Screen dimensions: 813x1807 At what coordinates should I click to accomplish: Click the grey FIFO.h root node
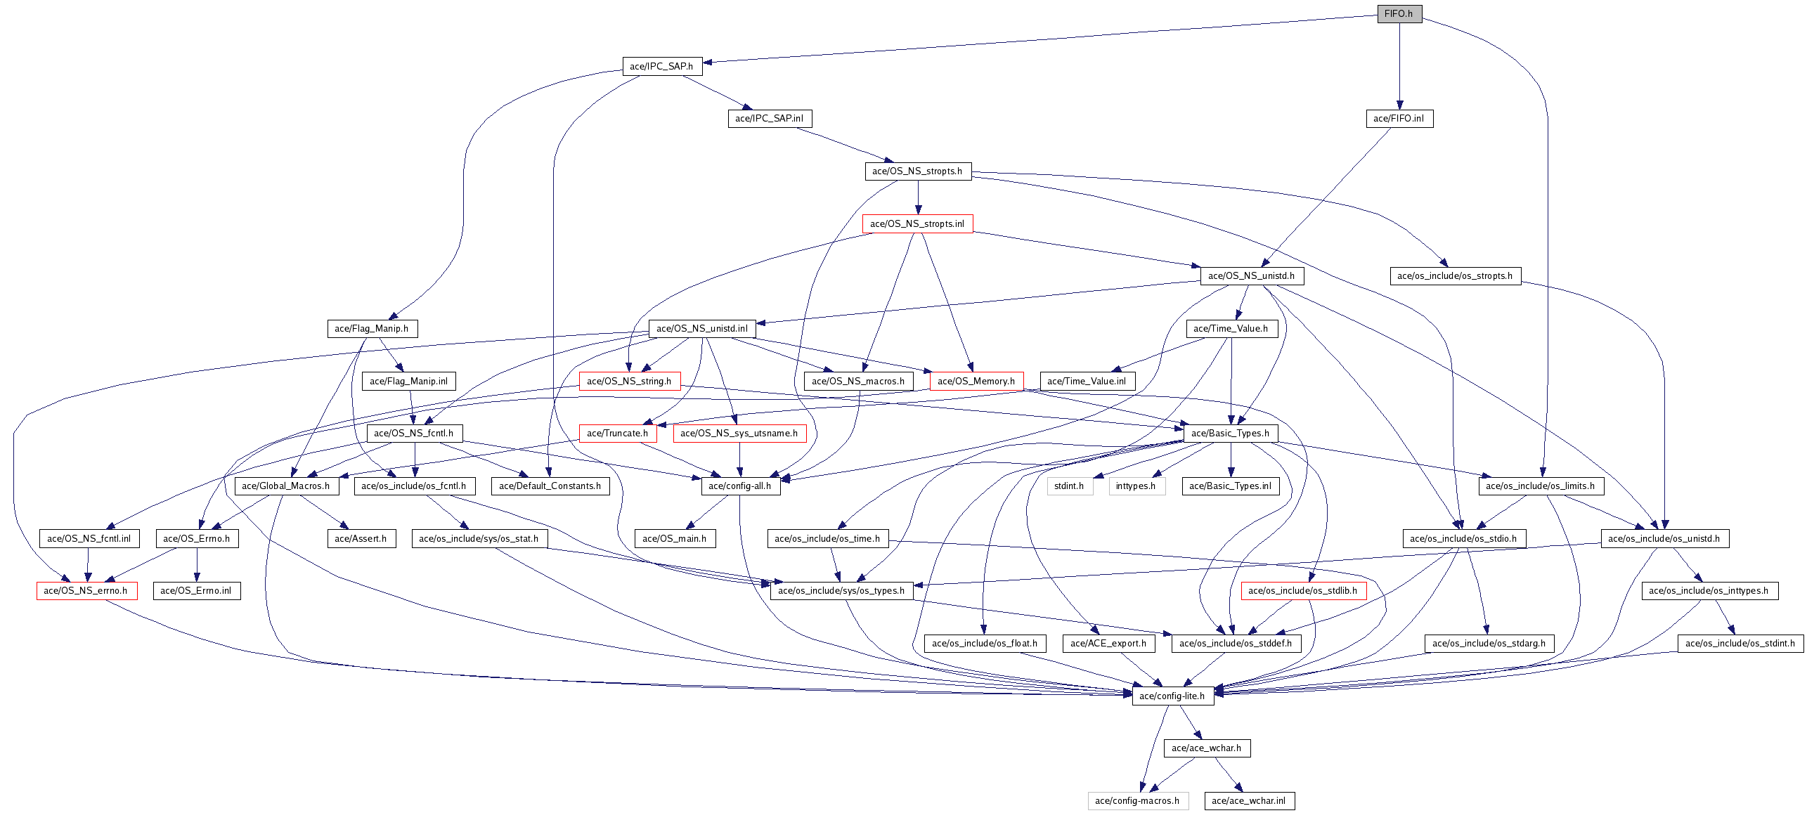pyautogui.click(x=1399, y=14)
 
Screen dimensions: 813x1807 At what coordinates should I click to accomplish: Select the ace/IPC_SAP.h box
pyautogui.click(x=661, y=66)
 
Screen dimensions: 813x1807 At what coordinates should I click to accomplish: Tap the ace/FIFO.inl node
pyautogui.click(x=1399, y=118)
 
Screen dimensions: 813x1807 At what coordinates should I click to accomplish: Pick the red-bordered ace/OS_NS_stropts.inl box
pyautogui.click(x=917, y=223)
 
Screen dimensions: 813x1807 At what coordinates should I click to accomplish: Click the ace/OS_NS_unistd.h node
pyautogui.click(x=1251, y=275)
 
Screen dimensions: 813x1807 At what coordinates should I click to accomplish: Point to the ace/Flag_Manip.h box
pyautogui.click(x=372, y=328)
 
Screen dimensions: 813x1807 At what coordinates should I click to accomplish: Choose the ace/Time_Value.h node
pyautogui.click(x=1231, y=328)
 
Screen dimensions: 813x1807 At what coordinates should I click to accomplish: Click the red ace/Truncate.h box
pyautogui.click(x=617, y=433)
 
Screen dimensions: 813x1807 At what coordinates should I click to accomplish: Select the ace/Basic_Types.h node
pyautogui.click(x=1230, y=433)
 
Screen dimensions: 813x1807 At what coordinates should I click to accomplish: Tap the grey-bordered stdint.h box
pyautogui.click(x=1069, y=486)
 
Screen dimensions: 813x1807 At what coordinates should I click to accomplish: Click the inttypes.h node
pyautogui.click(x=1136, y=486)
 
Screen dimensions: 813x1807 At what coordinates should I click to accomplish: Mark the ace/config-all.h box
pyautogui.click(x=740, y=486)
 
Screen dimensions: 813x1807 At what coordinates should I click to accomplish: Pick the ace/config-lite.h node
pyautogui.click(x=1172, y=696)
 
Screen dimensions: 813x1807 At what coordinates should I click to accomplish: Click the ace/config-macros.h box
pyautogui.click(x=1137, y=800)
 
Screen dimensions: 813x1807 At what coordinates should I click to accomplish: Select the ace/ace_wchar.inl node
pyautogui.click(x=1249, y=800)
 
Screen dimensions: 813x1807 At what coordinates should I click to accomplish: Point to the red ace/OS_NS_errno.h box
pyautogui.click(x=86, y=590)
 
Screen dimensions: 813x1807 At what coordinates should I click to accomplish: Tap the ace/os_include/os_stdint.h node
pyautogui.click(x=1740, y=643)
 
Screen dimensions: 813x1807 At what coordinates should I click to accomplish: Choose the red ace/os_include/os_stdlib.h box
pyautogui.click(x=1303, y=590)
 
